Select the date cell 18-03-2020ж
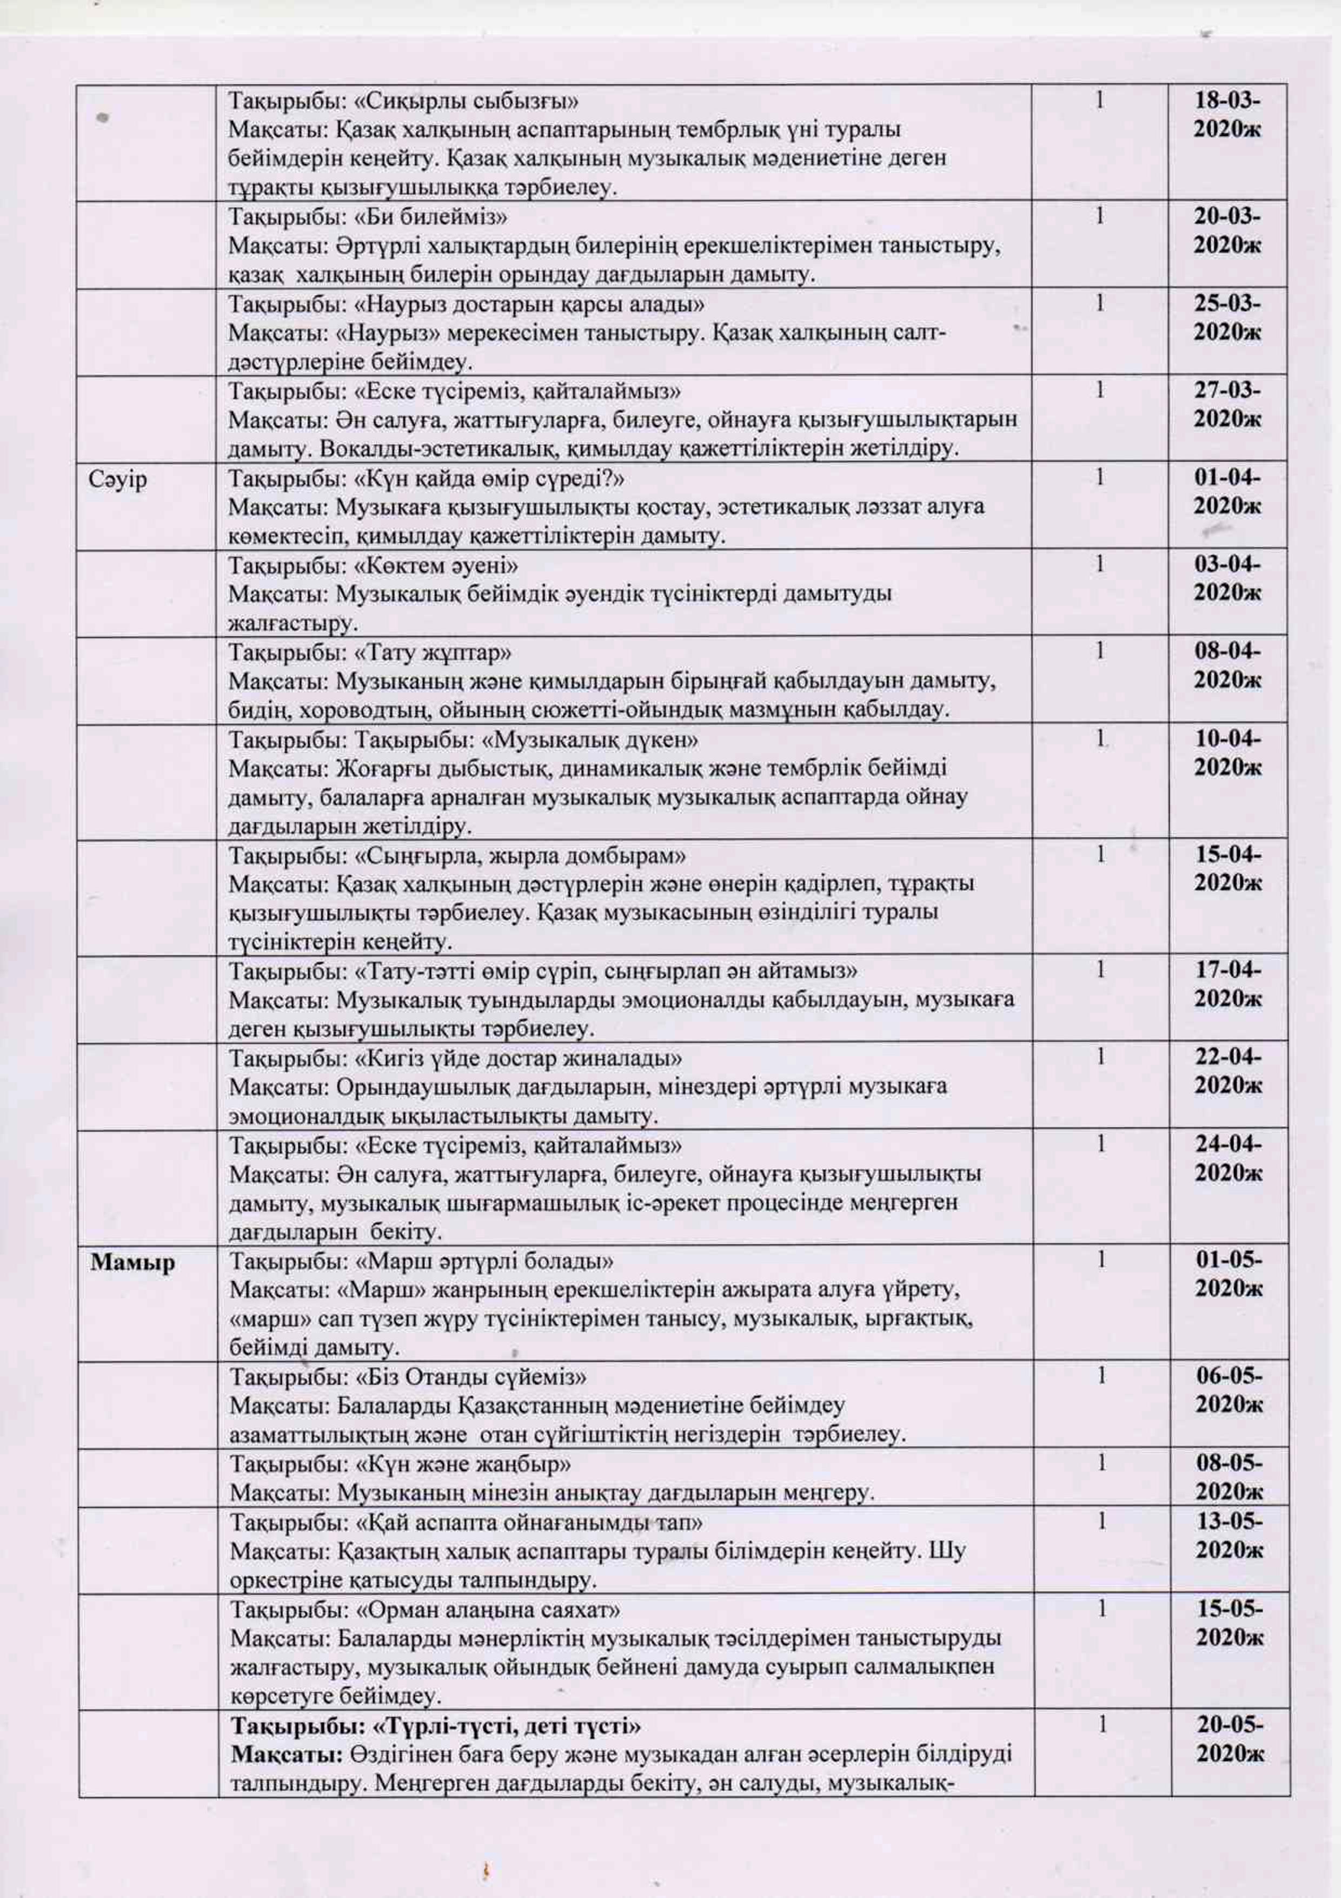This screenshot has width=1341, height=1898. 1228,115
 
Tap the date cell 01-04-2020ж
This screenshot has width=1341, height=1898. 1228,492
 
